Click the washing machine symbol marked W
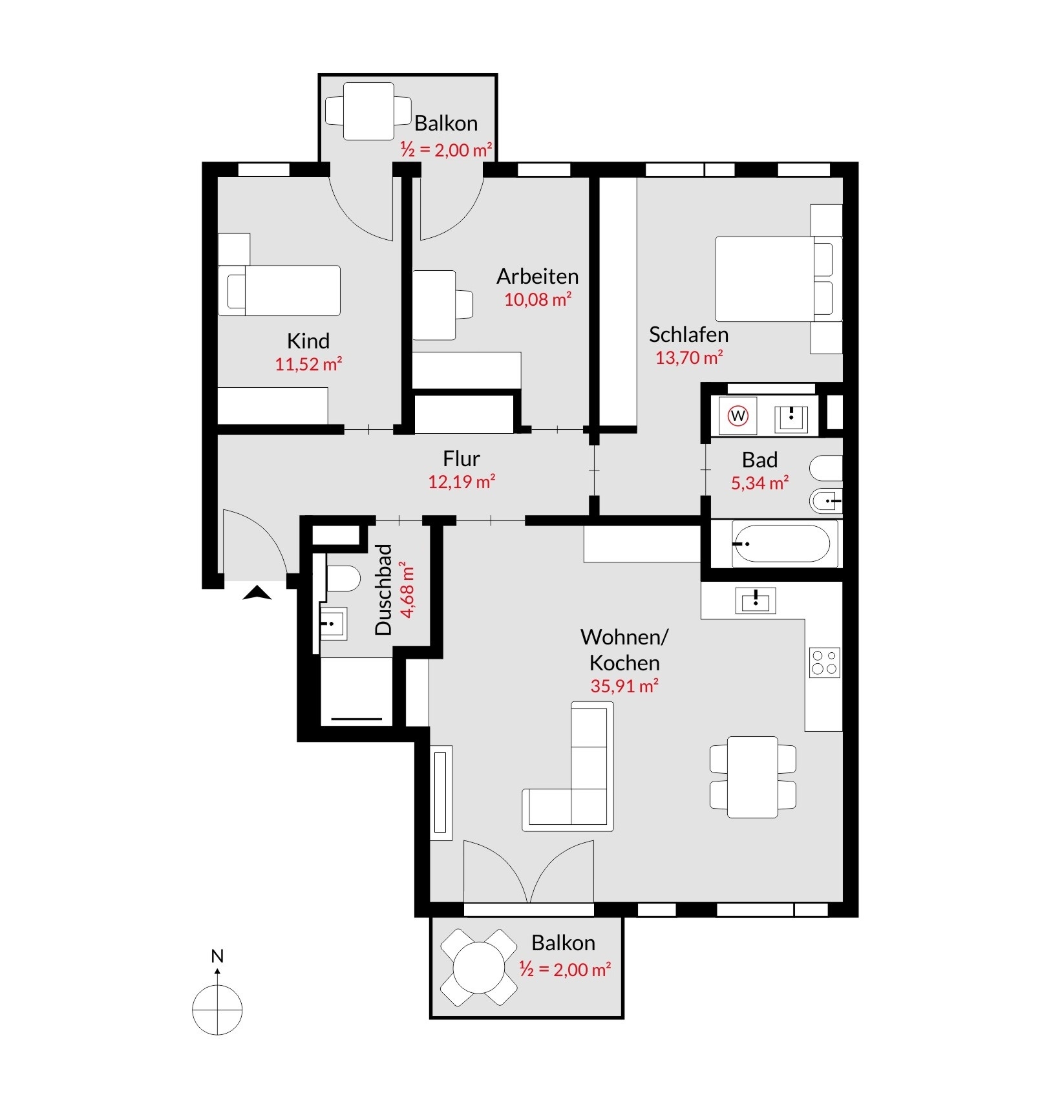coord(738,416)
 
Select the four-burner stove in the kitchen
coord(824,663)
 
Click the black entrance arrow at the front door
coord(257,593)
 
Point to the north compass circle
coord(217,1009)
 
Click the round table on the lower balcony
coord(479,968)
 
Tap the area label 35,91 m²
coord(624,686)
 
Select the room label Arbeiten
coord(538,276)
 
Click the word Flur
coord(462,458)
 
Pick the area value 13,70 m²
coord(689,357)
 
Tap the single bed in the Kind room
coord(279,290)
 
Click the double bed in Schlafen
coord(778,279)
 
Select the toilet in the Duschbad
coord(342,579)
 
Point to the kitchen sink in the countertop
coord(756,601)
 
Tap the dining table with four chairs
coord(753,776)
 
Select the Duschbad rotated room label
coord(383,590)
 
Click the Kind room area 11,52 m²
coord(308,364)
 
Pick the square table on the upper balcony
coord(368,111)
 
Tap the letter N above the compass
coord(217,956)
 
